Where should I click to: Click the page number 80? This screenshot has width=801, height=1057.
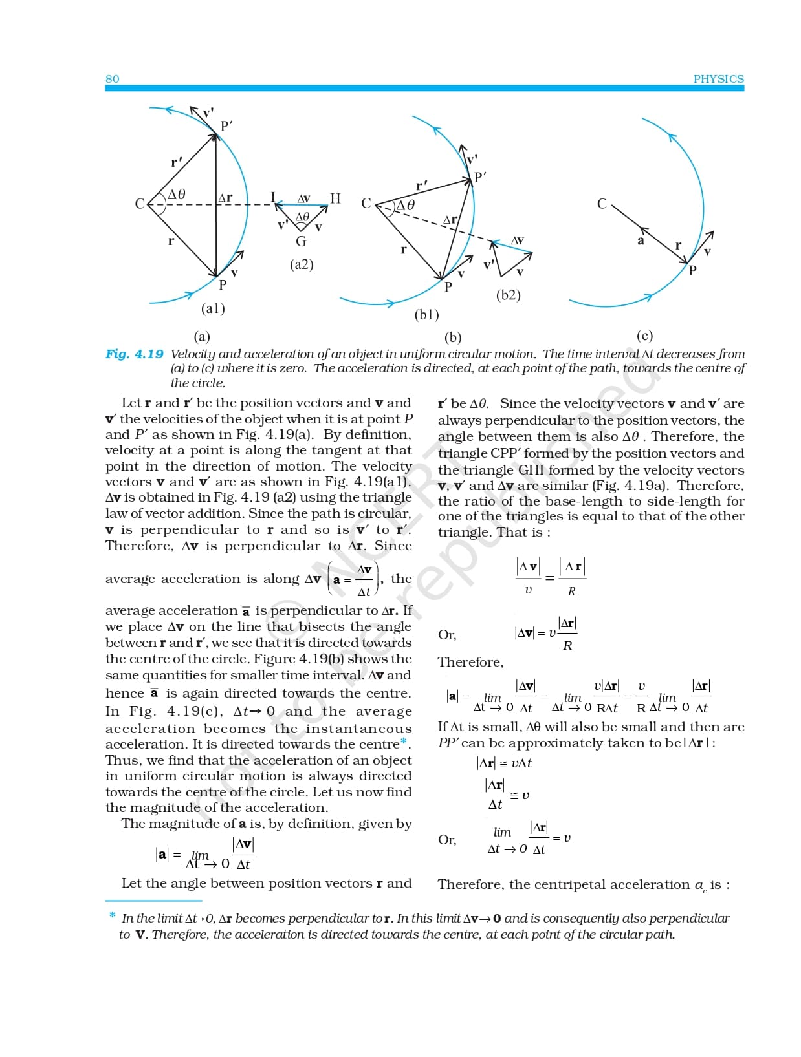(113, 79)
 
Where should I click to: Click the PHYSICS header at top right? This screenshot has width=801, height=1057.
(718, 79)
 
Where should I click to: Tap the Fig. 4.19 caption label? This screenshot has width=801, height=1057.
(135, 354)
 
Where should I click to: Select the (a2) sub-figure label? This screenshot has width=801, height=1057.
(302, 264)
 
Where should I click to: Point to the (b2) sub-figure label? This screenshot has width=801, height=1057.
(508, 295)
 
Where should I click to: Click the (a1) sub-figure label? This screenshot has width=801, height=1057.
(213, 308)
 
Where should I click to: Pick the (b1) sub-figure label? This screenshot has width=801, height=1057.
(426, 315)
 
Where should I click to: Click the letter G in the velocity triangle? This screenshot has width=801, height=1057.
(301, 242)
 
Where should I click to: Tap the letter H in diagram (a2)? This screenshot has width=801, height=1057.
(335, 198)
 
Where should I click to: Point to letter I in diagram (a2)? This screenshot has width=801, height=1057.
(273, 197)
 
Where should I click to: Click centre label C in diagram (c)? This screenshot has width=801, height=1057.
(602, 204)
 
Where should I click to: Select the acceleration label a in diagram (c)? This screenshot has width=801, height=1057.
(641, 241)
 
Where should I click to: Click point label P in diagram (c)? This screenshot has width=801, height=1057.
(692, 271)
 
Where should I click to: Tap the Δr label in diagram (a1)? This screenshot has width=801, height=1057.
(225, 198)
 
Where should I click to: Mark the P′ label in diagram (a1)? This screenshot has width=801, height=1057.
(226, 126)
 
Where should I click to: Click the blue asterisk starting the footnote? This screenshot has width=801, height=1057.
(113, 915)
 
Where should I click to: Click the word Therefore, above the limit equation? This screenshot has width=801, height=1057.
(470, 662)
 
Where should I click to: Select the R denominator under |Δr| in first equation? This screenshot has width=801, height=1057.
(571, 592)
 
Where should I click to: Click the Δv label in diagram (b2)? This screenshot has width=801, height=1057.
(517, 240)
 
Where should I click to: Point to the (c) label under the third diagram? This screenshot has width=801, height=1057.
(644, 336)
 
